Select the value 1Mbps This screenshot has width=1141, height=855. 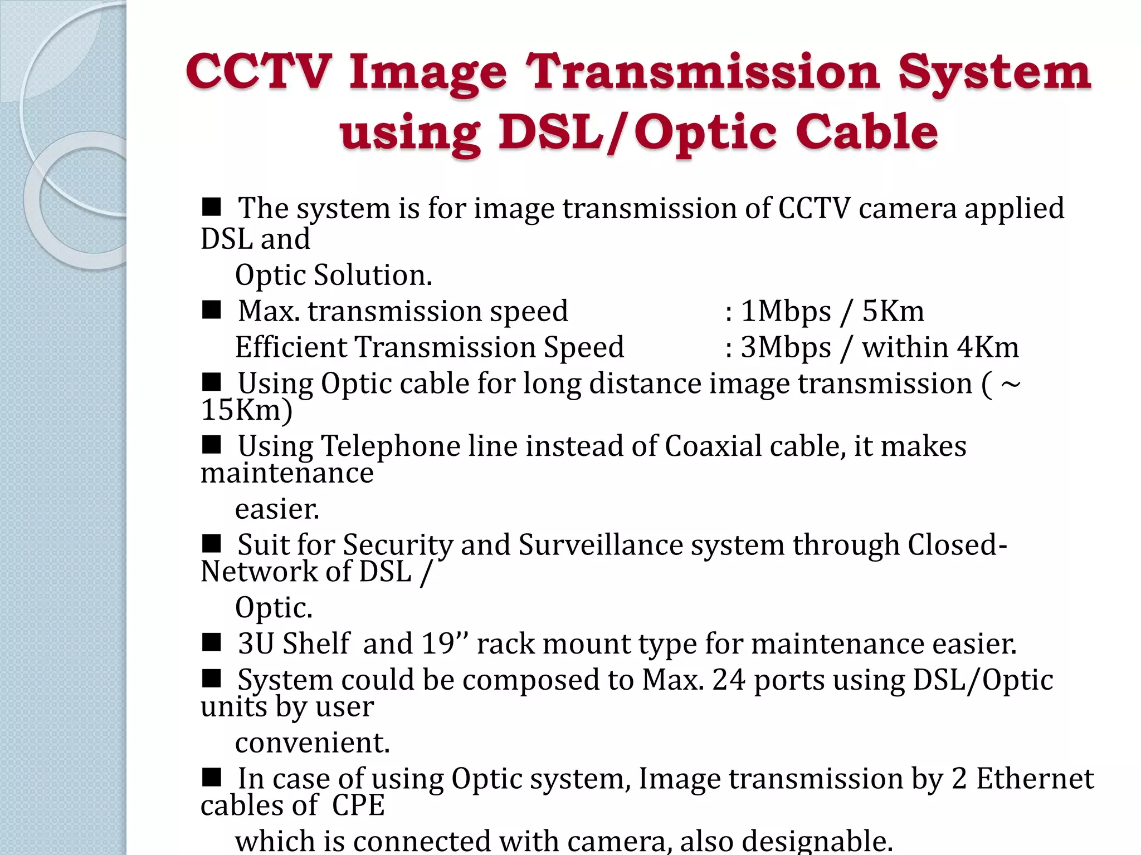[x=786, y=311]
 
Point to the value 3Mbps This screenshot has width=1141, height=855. [x=786, y=347]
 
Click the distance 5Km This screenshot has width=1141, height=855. [x=893, y=311]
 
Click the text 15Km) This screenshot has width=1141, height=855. [x=246, y=410]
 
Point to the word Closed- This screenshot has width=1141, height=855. [x=957, y=545]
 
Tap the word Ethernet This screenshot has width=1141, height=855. [x=1035, y=779]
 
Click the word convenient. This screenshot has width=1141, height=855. [x=312, y=743]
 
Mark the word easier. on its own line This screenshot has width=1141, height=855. [x=277, y=509]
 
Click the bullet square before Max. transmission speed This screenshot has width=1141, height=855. [x=211, y=309]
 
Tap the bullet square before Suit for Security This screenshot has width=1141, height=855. [x=211, y=543]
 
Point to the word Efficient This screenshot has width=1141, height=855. [x=294, y=347]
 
